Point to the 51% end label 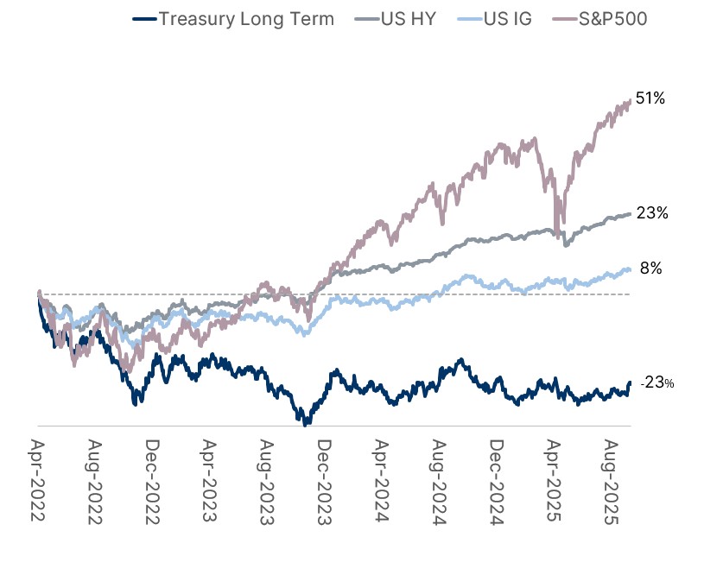(x=650, y=99)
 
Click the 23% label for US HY (x=652, y=212)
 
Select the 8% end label (x=650, y=269)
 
